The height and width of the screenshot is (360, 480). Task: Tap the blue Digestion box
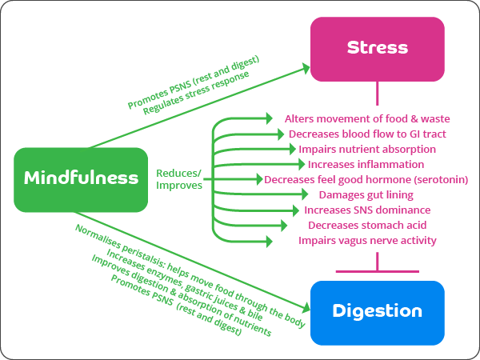(377, 309)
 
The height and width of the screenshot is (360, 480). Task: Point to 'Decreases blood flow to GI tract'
(367, 134)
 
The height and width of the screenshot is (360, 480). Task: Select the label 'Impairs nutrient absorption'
(367, 149)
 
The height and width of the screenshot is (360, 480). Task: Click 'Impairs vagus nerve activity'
(367, 240)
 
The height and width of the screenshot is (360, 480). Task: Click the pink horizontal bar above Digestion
(377, 271)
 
